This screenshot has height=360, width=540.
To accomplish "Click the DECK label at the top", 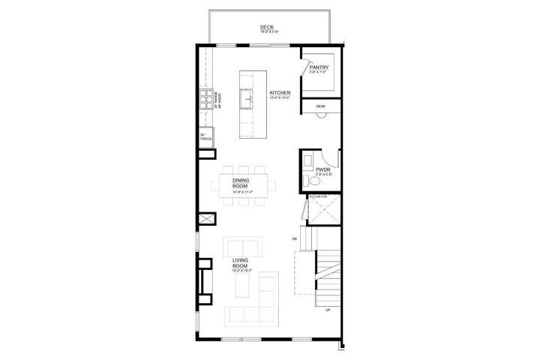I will (268, 26).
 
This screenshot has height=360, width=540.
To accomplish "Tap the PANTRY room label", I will (319, 67).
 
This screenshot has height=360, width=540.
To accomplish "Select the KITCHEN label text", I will (280, 94).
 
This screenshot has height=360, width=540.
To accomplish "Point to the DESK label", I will (320, 106).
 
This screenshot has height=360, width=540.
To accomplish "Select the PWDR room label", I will (323, 171).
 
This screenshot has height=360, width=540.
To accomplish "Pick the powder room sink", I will (307, 161).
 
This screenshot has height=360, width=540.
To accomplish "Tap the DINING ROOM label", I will (240, 182).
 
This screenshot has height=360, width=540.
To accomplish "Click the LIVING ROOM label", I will (240, 263).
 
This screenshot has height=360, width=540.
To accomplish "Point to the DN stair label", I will (295, 239).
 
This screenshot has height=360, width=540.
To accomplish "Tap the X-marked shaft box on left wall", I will (204, 220).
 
